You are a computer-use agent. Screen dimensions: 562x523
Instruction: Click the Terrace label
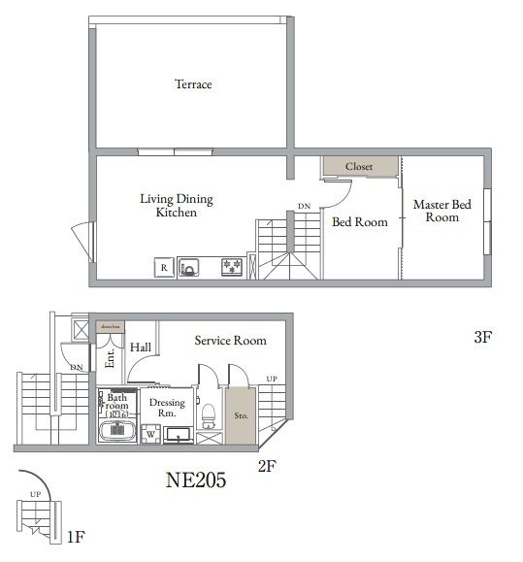pos(193,84)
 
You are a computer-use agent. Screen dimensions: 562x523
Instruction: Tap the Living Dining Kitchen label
pos(176,205)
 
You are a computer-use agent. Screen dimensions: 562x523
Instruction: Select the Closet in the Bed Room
pos(359,167)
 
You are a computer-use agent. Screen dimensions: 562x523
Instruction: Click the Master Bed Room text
pos(441,211)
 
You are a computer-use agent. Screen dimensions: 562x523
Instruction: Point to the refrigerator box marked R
pos(163,266)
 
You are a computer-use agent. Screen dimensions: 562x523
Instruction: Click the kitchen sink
pos(189,266)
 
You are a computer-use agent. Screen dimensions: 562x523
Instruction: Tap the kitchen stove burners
pos(232,265)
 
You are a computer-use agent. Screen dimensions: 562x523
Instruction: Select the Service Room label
pos(230,341)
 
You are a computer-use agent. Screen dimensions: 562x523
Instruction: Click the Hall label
pos(141,347)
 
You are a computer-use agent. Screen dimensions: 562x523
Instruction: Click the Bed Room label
pos(359,222)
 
